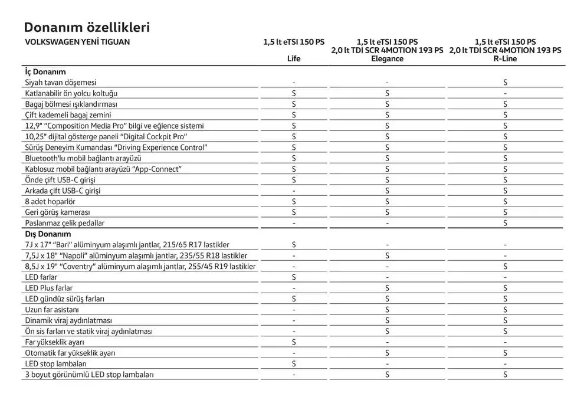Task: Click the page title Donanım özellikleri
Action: (x=87, y=27)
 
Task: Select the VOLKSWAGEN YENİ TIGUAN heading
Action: (x=77, y=42)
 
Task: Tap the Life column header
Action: (x=293, y=58)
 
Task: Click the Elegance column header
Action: (x=387, y=58)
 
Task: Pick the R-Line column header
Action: (x=505, y=58)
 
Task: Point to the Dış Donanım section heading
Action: (x=47, y=234)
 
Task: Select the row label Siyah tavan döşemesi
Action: (x=60, y=83)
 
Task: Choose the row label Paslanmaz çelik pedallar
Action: (x=64, y=223)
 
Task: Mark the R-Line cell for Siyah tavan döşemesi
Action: (x=505, y=83)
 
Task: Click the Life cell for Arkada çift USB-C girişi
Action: (x=293, y=191)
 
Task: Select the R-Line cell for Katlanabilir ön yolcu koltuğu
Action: (x=505, y=93)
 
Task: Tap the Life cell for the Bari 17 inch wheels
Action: (x=293, y=244)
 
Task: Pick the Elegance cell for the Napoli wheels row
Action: (x=387, y=255)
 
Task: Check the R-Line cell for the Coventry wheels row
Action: (x=505, y=266)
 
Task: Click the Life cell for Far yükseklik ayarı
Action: (x=293, y=342)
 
